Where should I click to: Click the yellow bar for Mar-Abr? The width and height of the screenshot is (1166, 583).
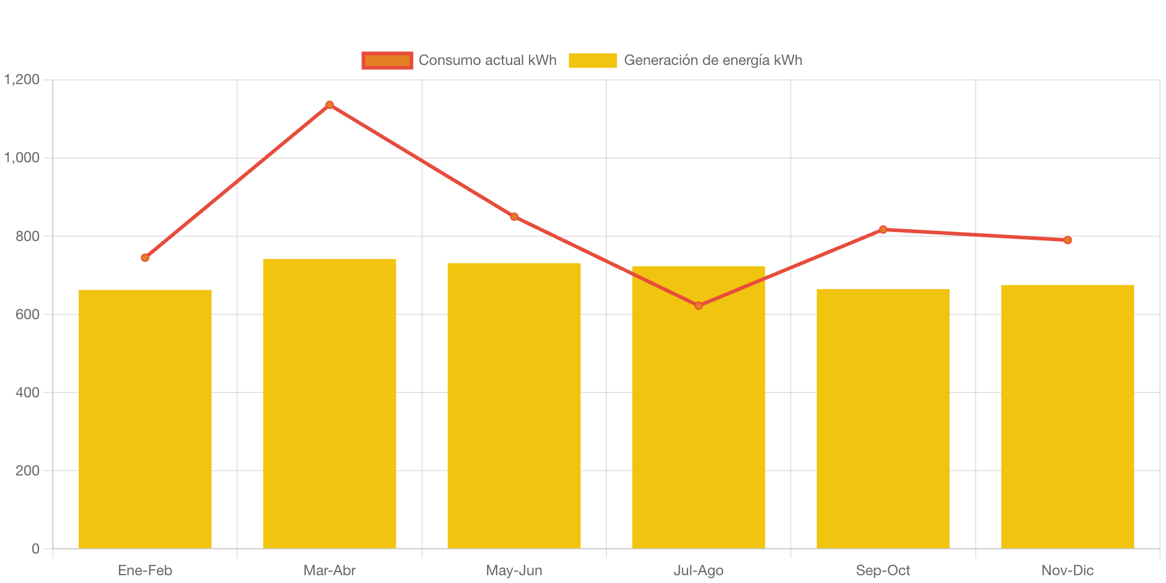[x=330, y=403]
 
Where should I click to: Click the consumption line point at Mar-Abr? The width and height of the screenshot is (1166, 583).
[x=330, y=105]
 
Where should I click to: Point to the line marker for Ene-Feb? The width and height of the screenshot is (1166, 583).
[x=145, y=257]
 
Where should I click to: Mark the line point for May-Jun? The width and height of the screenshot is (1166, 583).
[x=514, y=216]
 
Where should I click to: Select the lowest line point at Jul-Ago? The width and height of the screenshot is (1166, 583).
[x=698, y=306]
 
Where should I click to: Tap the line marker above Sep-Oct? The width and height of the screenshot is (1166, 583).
[x=883, y=230]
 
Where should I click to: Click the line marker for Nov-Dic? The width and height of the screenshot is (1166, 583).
[x=1068, y=240]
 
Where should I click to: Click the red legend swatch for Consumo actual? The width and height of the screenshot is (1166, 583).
[x=387, y=60]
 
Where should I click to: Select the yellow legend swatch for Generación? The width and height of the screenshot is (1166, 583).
[x=593, y=60]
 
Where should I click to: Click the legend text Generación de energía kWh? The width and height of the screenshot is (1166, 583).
[x=713, y=60]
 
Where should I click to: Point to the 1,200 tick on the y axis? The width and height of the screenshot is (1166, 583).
[x=22, y=79]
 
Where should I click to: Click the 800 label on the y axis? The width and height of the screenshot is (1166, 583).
[x=28, y=236]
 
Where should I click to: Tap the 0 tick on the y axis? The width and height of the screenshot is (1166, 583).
[x=35, y=549]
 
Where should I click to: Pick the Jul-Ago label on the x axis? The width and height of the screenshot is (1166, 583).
[x=698, y=570]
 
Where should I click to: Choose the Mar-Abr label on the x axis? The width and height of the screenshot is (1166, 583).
[x=330, y=570]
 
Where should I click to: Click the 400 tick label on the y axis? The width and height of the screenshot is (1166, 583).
[x=28, y=392]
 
